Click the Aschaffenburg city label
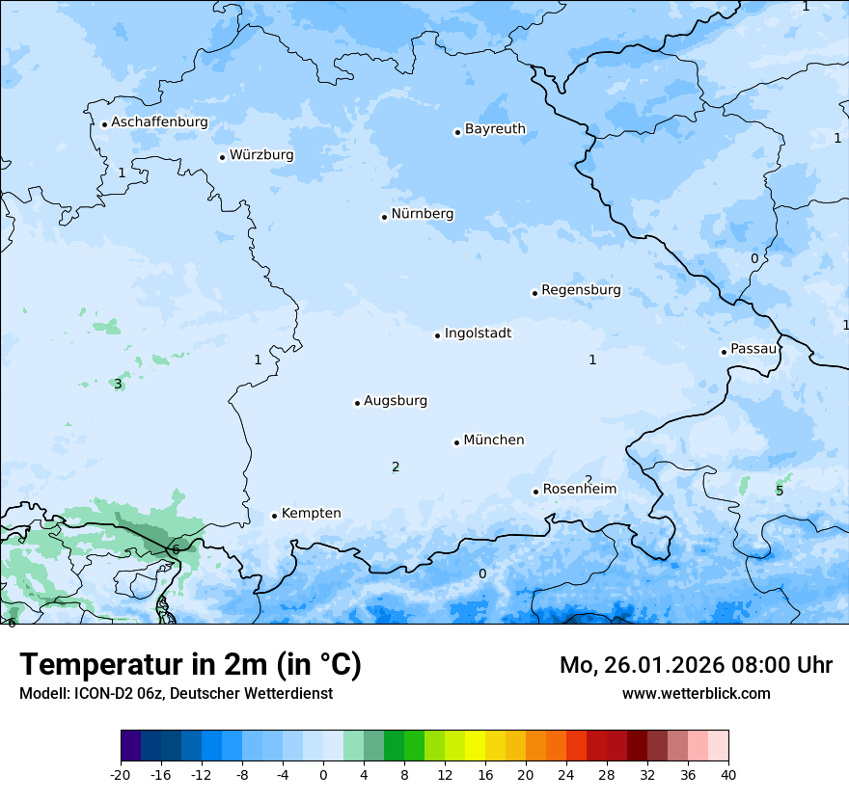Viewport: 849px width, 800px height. (x=159, y=122)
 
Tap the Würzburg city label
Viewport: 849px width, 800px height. (x=261, y=155)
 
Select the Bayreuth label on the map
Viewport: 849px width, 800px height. (x=495, y=129)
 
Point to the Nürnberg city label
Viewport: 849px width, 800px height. (x=422, y=214)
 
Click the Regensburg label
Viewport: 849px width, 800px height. (x=581, y=290)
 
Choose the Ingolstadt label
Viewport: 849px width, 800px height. (x=478, y=333)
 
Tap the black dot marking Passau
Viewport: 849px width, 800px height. (x=724, y=352)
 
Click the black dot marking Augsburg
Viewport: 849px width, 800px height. (x=357, y=403)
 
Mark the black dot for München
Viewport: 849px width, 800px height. (x=456, y=442)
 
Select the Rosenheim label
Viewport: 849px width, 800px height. (x=579, y=490)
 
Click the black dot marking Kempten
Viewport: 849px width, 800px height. (x=274, y=516)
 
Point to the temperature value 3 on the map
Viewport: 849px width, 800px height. (x=118, y=384)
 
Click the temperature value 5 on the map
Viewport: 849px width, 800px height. (x=780, y=491)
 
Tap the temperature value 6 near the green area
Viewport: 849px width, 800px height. (x=176, y=549)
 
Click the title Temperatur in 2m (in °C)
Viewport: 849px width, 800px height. (x=190, y=665)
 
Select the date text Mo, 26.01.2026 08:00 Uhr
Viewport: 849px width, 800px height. (x=696, y=665)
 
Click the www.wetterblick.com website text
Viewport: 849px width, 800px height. (x=696, y=694)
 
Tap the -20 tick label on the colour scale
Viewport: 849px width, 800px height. (x=121, y=774)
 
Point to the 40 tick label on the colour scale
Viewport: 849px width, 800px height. (x=728, y=774)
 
